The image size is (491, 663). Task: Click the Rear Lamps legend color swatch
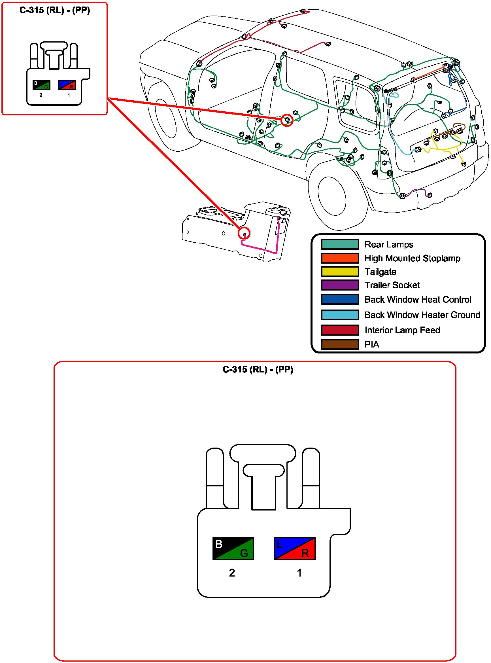pyautogui.click(x=340, y=244)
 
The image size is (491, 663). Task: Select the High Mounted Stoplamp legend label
pyautogui.click(x=412, y=258)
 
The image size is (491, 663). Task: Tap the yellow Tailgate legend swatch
pyautogui.click(x=340, y=272)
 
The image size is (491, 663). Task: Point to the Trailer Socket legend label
pyautogui.click(x=392, y=285)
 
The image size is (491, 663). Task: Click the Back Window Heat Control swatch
pyautogui.click(x=340, y=299)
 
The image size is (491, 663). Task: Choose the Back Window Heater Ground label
pyautogui.click(x=422, y=315)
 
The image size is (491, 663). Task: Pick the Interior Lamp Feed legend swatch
pyautogui.click(x=340, y=330)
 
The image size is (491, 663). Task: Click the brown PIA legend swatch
pyautogui.click(x=340, y=344)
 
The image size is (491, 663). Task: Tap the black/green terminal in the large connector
pyautogui.click(x=233, y=548)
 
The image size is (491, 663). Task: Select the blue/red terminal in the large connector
pyautogui.click(x=294, y=548)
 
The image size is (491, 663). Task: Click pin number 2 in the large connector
pyautogui.click(x=232, y=573)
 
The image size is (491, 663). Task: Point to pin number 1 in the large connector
pyautogui.click(x=299, y=573)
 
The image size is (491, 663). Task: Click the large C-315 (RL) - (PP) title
pyautogui.click(x=258, y=369)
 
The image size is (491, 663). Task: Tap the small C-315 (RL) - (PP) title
pyautogui.click(x=55, y=10)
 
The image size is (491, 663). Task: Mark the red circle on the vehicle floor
pyautogui.click(x=287, y=120)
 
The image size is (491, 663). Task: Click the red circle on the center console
pyautogui.click(x=244, y=233)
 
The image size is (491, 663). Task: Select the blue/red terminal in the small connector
pyautogui.click(x=67, y=85)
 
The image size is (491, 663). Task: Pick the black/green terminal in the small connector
pyautogui.click(x=41, y=85)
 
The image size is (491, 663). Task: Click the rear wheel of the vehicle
pyautogui.click(x=332, y=196)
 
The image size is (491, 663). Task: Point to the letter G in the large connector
pyautogui.click(x=244, y=553)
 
